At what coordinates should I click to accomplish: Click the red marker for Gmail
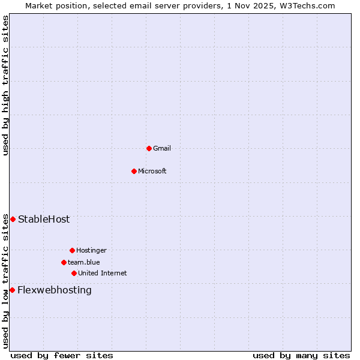pyautogui.click(x=149, y=148)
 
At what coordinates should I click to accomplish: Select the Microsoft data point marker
pyautogui.click(x=134, y=171)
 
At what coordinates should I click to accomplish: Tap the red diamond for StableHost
pyautogui.click(x=13, y=219)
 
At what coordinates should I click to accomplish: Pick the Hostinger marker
pyautogui.click(x=72, y=250)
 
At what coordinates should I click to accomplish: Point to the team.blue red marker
pyautogui.click(x=64, y=262)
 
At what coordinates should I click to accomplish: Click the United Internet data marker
pyautogui.click(x=74, y=273)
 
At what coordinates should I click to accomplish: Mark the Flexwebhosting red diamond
pyautogui.click(x=12, y=290)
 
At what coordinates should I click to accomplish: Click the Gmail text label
pyautogui.click(x=162, y=148)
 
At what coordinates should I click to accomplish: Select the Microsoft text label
pyautogui.click(x=152, y=171)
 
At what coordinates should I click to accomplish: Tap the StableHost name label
pyautogui.click(x=44, y=219)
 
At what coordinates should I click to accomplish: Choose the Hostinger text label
pyautogui.click(x=91, y=250)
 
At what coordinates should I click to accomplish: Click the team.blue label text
pyautogui.click(x=84, y=262)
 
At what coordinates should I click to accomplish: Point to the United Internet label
pyautogui.click(x=103, y=273)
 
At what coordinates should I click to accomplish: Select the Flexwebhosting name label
pyautogui.click(x=55, y=290)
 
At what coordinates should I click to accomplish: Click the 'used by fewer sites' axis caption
pyautogui.click(x=62, y=355)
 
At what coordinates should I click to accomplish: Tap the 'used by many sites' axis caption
pyautogui.click(x=301, y=355)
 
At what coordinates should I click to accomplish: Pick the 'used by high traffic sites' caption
pyautogui.click(x=5, y=85)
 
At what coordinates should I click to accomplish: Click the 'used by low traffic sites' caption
pyautogui.click(x=5, y=280)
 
